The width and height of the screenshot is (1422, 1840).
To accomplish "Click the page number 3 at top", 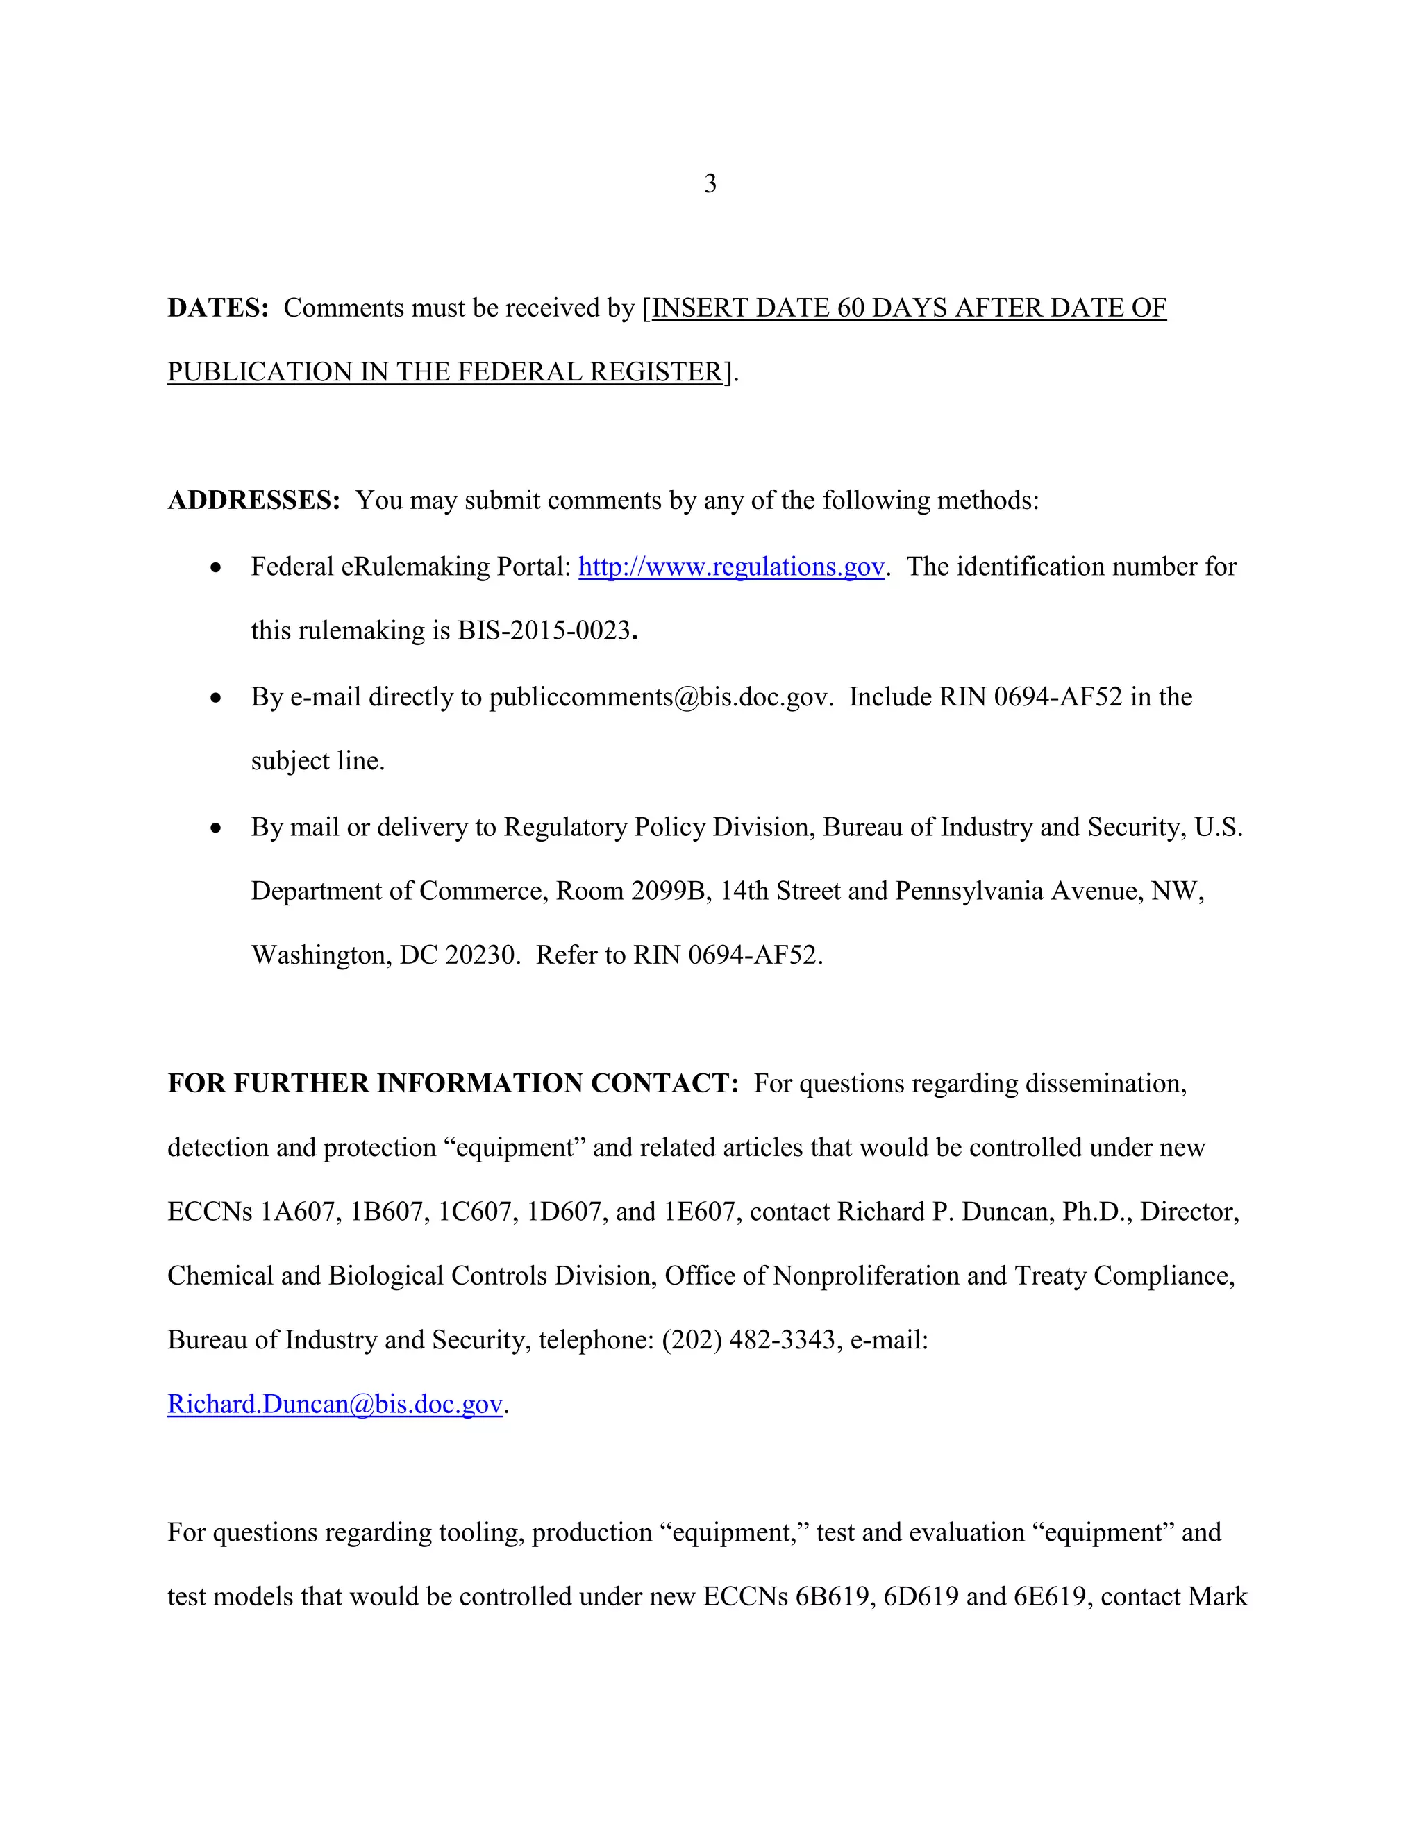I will [710, 184].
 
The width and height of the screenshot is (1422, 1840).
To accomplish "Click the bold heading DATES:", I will [217, 308].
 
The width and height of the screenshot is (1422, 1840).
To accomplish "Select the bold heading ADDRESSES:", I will [253, 501].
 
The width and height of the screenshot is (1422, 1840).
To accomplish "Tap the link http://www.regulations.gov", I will [731, 567].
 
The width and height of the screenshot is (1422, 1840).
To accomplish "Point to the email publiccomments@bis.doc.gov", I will [660, 698].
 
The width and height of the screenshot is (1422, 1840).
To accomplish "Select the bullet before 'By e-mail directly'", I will [217, 699].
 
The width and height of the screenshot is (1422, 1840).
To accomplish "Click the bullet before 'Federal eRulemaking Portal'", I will [217, 568].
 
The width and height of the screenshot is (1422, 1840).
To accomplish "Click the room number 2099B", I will [667, 892].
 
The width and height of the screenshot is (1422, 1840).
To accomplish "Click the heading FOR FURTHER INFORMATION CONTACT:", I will [453, 1083].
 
